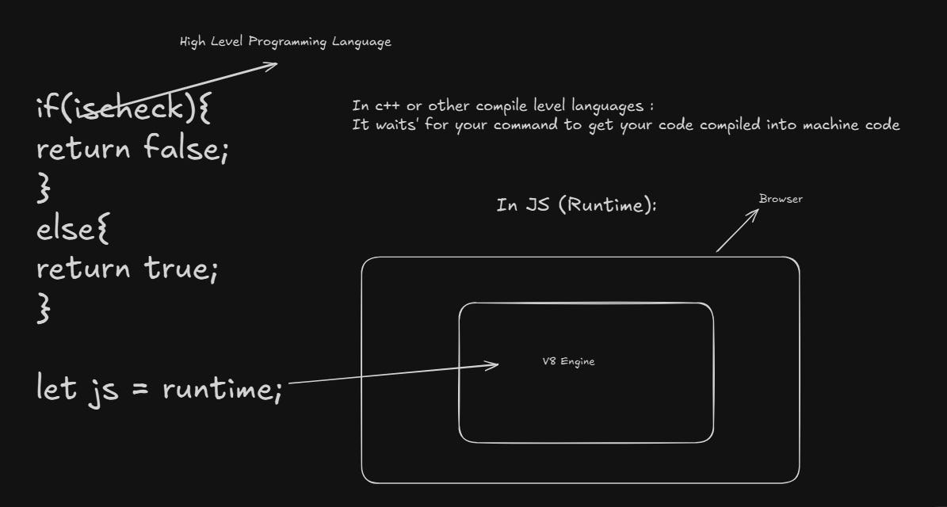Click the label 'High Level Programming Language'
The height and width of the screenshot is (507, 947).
(285, 42)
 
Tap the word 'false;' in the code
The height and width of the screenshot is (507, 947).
(186, 147)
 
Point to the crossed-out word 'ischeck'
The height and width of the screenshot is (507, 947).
(124, 107)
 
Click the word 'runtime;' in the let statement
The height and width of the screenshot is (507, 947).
(222, 389)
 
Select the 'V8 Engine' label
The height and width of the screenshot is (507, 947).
(568, 362)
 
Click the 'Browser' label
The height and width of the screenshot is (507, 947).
(781, 199)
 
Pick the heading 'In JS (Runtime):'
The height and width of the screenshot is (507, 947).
(576, 206)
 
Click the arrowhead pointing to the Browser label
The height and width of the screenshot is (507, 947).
(754, 213)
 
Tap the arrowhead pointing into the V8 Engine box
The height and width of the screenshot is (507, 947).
(493, 364)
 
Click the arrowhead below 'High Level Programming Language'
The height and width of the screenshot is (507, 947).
(271, 65)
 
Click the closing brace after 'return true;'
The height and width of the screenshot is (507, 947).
(44, 308)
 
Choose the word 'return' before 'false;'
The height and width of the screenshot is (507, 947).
(83, 147)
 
